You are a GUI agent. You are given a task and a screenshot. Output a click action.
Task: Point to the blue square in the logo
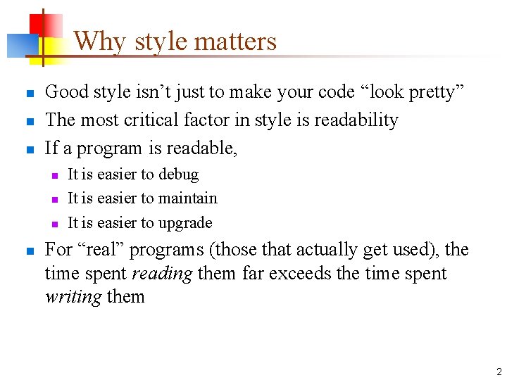click(x=20, y=46)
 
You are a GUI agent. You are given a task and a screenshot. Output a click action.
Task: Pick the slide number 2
click(x=499, y=372)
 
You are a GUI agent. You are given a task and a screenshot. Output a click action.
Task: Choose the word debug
click(x=179, y=175)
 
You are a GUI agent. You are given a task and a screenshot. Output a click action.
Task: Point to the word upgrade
click(x=186, y=223)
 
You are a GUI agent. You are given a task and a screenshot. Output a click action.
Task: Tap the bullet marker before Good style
click(x=29, y=94)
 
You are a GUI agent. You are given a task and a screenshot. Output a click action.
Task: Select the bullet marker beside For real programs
click(x=29, y=251)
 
